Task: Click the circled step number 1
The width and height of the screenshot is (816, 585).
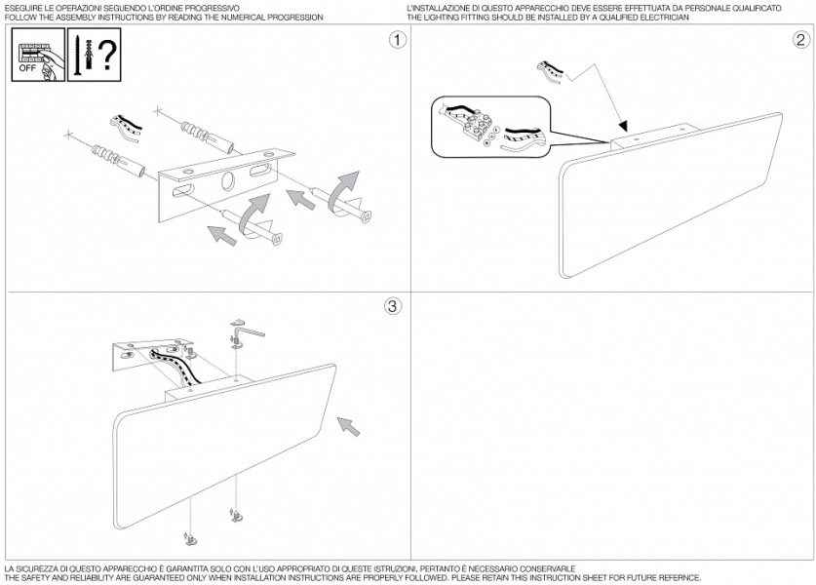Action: [398, 40]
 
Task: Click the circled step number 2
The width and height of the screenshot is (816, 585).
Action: [801, 40]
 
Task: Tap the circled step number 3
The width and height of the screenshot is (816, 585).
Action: [393, 306]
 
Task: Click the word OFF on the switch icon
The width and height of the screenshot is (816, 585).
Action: [27, 68]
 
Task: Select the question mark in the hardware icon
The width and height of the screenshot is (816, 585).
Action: [107, 56]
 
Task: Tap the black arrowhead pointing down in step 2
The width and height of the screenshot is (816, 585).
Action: [623, 126]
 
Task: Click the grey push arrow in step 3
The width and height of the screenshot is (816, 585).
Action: [349, 426]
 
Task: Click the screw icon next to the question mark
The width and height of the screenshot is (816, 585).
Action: [77, 56]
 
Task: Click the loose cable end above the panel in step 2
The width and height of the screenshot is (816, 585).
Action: [551, 72]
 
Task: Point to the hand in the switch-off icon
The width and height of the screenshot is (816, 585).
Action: [48, 66]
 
